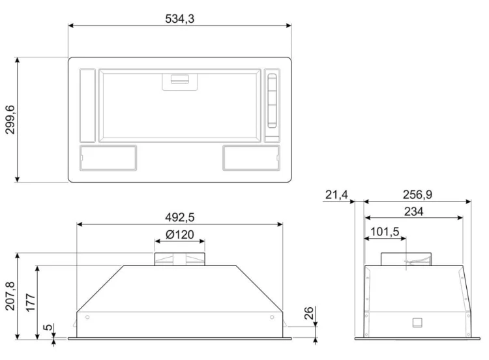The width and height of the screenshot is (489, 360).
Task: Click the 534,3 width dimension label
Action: tap(180, 19)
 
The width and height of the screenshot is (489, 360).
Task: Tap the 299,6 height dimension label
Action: tap(10, 119)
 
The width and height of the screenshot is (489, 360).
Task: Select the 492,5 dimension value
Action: tap(180, 217)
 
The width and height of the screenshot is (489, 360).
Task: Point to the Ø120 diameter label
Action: tap(180, 234)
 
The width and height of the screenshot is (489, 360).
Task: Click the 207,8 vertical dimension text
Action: tap(10, 295)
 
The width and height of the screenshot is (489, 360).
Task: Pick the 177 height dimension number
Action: tap(31, 303)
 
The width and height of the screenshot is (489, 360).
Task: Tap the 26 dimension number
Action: tap(308, 313)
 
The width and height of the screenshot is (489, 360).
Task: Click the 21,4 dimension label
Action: tap(336, 194)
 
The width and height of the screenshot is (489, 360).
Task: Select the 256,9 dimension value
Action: tap(417, 194)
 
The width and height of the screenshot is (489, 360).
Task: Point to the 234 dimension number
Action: tap(414, 211)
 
